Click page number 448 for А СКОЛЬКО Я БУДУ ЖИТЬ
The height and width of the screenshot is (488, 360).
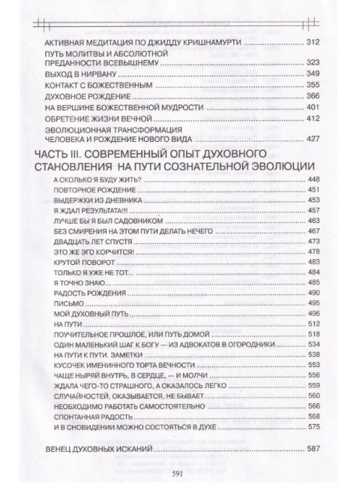click(314, 179)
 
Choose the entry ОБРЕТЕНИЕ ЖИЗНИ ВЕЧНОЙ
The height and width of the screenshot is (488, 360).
click(99, 121)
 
